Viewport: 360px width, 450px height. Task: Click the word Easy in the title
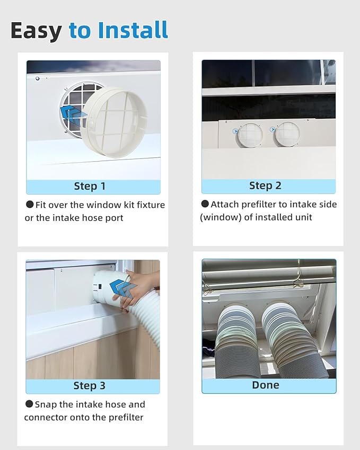[x=36, y=30]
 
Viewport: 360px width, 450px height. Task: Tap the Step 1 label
[x=90, y=187]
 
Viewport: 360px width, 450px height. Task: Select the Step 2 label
[x=265, y=186]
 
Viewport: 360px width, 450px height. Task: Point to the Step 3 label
[x=89, y=386]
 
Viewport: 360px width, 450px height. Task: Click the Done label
[x=265, y=385]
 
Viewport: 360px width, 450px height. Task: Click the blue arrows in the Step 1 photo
[x=72, y=112]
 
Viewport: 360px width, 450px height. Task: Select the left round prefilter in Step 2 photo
[x=249, y=135]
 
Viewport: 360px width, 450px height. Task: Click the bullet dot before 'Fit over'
[x=30, y=205]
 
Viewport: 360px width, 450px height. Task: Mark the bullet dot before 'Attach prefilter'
[x=205, y=204]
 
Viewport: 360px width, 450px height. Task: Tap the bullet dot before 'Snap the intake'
[x=29, y=404]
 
